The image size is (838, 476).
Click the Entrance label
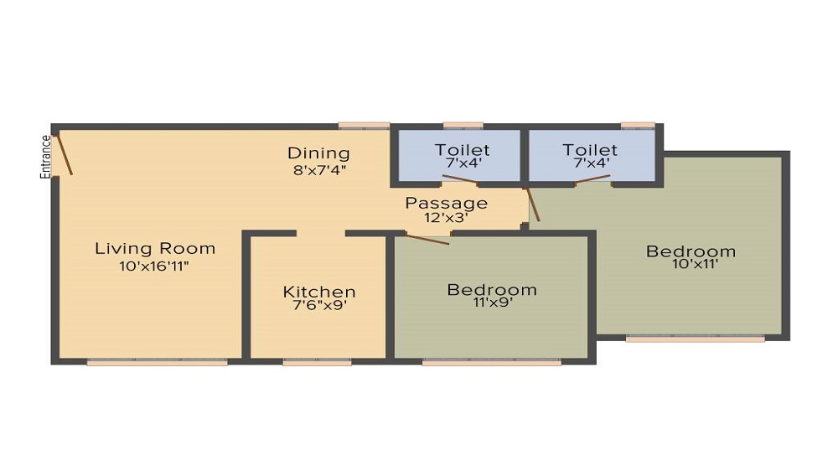(x=45, y=157)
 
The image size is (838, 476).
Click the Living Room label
(x=155, y=248)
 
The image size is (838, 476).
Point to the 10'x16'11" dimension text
(x=154, y=266)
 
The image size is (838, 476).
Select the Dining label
(x=318, y=153)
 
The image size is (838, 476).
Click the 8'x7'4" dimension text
(x=319, y=171)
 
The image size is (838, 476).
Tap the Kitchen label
(x=319, y=292)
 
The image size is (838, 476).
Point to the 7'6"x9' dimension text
(x=319, y=306)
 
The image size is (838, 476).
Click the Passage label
(x=447, y=204)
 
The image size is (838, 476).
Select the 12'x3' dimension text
(x=447, y=217)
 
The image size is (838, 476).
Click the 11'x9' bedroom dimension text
(x=492, y=303)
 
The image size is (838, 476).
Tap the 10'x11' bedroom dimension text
(x=695, y=263)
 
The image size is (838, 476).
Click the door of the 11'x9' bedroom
(x=427, y=239)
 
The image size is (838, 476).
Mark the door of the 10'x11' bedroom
(x=533, y=204)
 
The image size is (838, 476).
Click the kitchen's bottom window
(x=317, y=362)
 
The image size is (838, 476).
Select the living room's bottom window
(x=158, y=362)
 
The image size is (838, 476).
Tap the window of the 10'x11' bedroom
(x=696, y=339)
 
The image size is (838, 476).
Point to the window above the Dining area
(x=364, y=126)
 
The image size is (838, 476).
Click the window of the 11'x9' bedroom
(x=492, y=362)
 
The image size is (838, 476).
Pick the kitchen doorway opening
(x=321, y=234)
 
